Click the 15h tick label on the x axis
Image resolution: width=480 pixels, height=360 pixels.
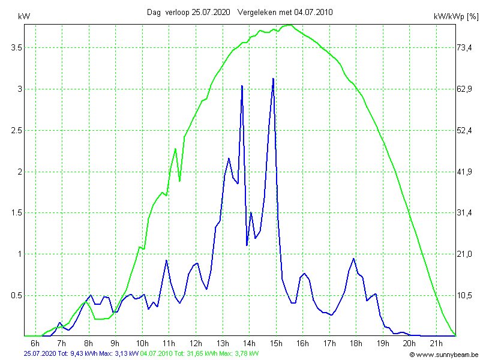click(x=276, y=343)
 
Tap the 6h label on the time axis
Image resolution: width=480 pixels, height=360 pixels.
click(x=35, y=343)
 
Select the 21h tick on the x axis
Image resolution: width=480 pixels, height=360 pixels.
click(x=436, y=343)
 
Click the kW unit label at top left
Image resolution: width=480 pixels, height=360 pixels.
click(x=24, y=16)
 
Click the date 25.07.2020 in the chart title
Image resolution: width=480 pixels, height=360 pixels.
click(x=211, y=12)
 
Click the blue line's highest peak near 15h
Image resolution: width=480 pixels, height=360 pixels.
click(x=273, y=79)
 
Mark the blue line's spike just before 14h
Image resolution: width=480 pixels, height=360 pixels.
click(x=242, y=86)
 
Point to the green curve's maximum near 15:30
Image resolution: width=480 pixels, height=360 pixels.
click(x=289, y=25)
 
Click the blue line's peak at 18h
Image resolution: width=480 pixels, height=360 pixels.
click(x=354, y=259)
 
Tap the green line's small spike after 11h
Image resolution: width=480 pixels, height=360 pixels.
click(x=175, y=149)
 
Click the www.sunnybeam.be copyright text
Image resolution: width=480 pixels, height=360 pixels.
click(x=443, y=355)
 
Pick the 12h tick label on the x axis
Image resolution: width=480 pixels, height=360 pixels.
click(x=196, y=343)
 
